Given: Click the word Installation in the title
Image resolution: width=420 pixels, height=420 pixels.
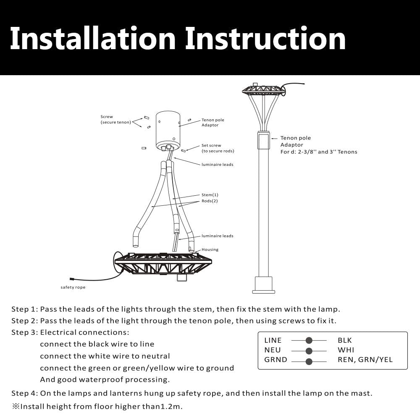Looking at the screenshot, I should (92, 39).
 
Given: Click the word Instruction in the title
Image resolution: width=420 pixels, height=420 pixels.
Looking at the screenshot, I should (265, 39).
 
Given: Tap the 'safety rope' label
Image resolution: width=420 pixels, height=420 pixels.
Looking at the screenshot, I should (73, 288).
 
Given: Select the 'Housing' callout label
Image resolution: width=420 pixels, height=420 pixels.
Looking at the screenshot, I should (210, 249).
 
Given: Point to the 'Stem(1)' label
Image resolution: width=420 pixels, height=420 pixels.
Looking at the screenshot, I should (210, 195).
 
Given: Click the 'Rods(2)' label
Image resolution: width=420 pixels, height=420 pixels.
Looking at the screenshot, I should (210, 201).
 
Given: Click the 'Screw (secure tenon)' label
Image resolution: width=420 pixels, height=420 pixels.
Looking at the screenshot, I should (115, 120).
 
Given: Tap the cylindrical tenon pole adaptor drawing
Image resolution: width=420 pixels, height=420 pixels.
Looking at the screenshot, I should (168, 130).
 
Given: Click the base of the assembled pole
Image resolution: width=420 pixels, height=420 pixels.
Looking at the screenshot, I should (264, 286).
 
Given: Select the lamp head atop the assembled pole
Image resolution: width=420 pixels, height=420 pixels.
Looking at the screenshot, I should (263, 90).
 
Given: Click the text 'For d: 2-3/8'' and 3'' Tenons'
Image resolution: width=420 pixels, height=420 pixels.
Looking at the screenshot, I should (319, 152).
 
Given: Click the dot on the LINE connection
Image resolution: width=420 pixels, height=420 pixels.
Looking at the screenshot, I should (309, 340).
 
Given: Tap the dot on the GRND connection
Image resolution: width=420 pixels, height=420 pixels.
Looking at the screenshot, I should (309, 362).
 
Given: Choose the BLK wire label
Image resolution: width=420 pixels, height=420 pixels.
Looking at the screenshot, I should (345, 340).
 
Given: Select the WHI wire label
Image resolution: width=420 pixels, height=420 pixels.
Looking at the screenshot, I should (346, 350).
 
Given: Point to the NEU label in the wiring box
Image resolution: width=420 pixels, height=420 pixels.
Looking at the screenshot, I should (273, 350).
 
